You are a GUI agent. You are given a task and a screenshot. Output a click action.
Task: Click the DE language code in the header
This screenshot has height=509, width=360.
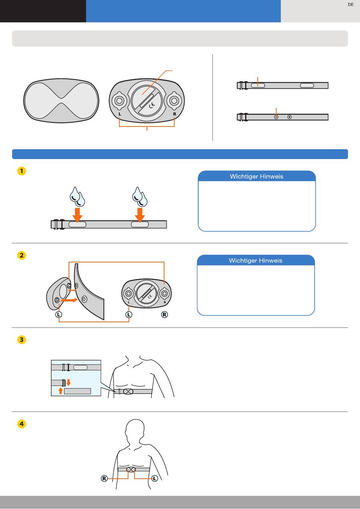click(351, 5)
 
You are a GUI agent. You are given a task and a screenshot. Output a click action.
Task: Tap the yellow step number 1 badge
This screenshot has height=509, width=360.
click(22, 171)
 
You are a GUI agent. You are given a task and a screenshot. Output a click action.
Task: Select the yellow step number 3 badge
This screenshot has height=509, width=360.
click(22, 340)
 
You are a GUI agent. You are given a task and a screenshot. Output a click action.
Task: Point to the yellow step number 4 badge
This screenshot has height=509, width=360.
click(22, 424)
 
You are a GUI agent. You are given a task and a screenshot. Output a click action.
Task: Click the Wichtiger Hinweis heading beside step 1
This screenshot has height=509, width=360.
click(257, 176)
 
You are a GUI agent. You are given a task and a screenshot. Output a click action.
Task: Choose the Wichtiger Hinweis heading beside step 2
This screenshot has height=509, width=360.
click(255, 261)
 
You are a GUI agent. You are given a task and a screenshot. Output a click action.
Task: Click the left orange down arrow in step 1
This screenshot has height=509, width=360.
click(77, 214)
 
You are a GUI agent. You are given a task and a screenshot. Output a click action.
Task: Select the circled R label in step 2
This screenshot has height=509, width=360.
click(164, 315)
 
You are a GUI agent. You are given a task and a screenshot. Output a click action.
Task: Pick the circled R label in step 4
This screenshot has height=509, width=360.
click(104, 479)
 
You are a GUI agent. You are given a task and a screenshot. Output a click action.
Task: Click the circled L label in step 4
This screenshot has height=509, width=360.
click(155, 479)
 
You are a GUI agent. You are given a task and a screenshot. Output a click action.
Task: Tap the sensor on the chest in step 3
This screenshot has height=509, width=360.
click(128, 392)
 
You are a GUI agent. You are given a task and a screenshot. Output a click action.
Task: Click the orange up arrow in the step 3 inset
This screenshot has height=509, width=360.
click(60, 390)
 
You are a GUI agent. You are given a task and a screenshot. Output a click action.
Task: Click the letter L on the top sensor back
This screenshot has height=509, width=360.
click(120, 114)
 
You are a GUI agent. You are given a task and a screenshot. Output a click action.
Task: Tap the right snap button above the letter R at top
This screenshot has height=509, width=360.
click(174, 100)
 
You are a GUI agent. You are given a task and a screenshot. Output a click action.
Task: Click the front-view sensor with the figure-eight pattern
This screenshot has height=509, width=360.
click(61, 101)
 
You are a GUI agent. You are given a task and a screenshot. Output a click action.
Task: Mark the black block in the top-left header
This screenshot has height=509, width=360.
click(43, 11)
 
